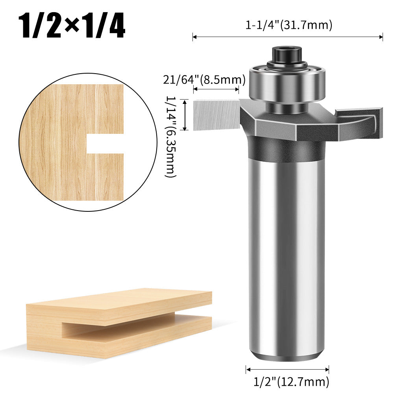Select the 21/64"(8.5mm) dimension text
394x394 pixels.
tap(204, 80)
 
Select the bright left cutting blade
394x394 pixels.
tap(216, 115)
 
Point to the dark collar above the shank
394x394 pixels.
tap(287, 148)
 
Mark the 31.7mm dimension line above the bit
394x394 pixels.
tap(287, 37)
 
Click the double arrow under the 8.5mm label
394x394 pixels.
tap(216, 90)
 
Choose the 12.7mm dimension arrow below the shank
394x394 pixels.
tap(287, 370)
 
